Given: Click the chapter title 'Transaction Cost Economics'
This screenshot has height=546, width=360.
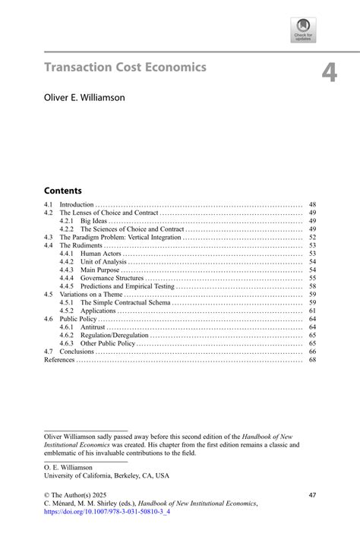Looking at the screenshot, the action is [x=125, y=68].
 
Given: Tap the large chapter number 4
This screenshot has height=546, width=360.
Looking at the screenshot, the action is [x=328, y=73].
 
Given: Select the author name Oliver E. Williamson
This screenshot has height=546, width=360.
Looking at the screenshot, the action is [x=84, y=97].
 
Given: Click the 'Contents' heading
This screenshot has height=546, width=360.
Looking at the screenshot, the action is [x=62, y=191].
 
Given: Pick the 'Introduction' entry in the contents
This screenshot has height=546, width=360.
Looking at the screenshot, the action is [x=77, y=205].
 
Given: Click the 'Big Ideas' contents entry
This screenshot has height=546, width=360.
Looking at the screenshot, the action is [x=94, y=221].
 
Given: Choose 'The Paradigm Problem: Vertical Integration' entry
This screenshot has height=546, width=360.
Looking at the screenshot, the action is [x=120, y=238].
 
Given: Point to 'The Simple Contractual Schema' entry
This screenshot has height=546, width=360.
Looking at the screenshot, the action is [x=125, y=303].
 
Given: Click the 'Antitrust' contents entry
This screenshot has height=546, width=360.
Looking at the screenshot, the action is [x=93, y=327].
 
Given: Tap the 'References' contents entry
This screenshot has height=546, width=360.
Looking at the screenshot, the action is [x=59, y=360].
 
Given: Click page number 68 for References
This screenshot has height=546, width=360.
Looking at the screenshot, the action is [x=312, y=360].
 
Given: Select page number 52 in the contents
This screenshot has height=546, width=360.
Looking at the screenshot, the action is [x=312, y=238].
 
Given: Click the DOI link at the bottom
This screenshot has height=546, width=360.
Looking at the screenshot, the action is [x=107, y=512].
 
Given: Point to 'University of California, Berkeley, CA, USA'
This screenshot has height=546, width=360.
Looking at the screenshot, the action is [x=106, y=475].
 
